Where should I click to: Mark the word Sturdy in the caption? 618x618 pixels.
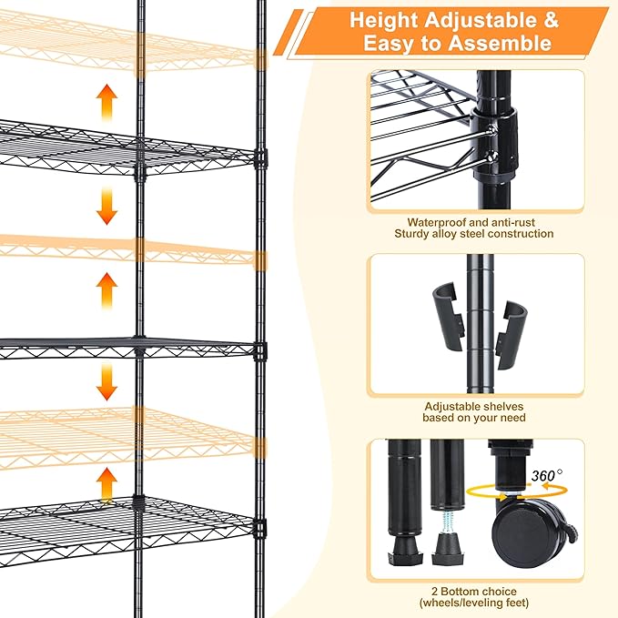coord(412,234)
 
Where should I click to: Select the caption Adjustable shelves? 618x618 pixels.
coord(473,406)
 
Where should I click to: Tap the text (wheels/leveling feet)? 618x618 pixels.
coord(473,602)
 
